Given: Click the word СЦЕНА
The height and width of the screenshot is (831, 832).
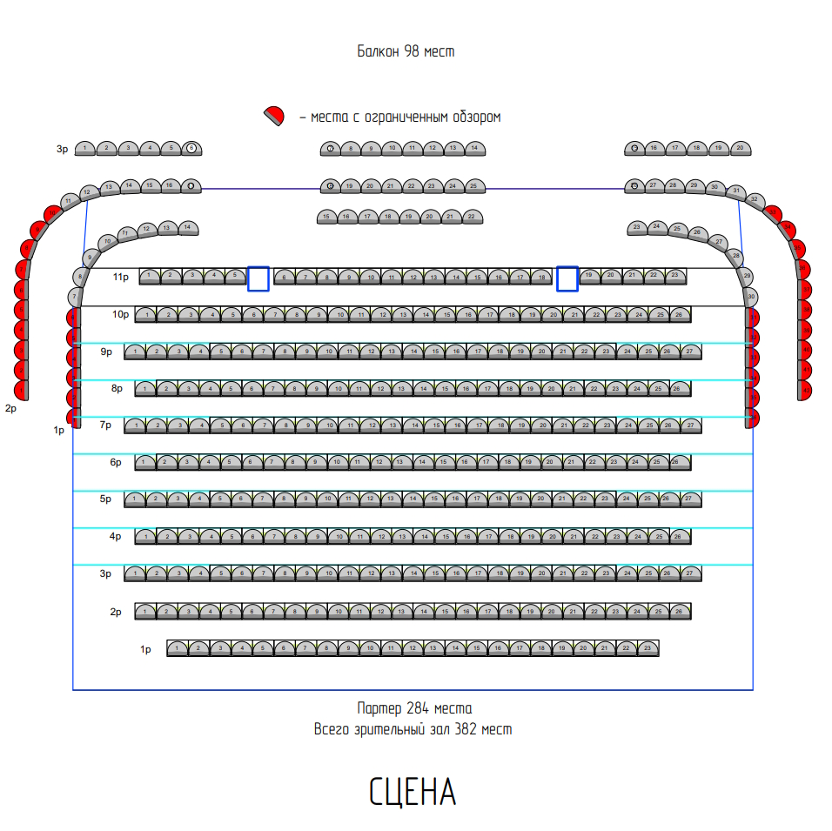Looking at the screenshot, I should point(413,792).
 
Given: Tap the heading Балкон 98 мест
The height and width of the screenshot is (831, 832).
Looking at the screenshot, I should point(406,51).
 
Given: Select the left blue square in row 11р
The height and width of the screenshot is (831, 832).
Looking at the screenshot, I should point(258,278).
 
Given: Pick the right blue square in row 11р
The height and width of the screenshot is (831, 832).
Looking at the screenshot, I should point(567,278).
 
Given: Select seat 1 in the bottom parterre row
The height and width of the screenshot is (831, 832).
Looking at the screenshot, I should point(178,648).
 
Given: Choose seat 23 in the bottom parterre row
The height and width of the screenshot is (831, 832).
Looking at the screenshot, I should point(647,648).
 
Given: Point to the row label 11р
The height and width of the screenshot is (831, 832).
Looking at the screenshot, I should point(121,277).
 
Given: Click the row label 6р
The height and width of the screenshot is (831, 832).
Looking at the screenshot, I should point(116,462).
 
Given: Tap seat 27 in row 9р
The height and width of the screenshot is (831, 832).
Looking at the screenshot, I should point(690,352).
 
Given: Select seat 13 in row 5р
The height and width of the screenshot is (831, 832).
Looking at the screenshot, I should point(392,499).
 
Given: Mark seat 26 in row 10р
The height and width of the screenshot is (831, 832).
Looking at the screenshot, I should point(680,314).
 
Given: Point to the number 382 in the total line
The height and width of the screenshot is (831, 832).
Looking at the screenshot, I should point(466,729).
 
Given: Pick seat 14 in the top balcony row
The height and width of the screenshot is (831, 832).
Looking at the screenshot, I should point(474,149).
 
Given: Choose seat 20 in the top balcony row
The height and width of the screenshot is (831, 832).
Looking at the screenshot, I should point(740,149).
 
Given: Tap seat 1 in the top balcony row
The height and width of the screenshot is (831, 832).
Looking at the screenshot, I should point(84,149).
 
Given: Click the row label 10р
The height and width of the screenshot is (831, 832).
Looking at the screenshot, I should point(120,314).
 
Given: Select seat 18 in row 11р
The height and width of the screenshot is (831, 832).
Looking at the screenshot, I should point(540,277).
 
